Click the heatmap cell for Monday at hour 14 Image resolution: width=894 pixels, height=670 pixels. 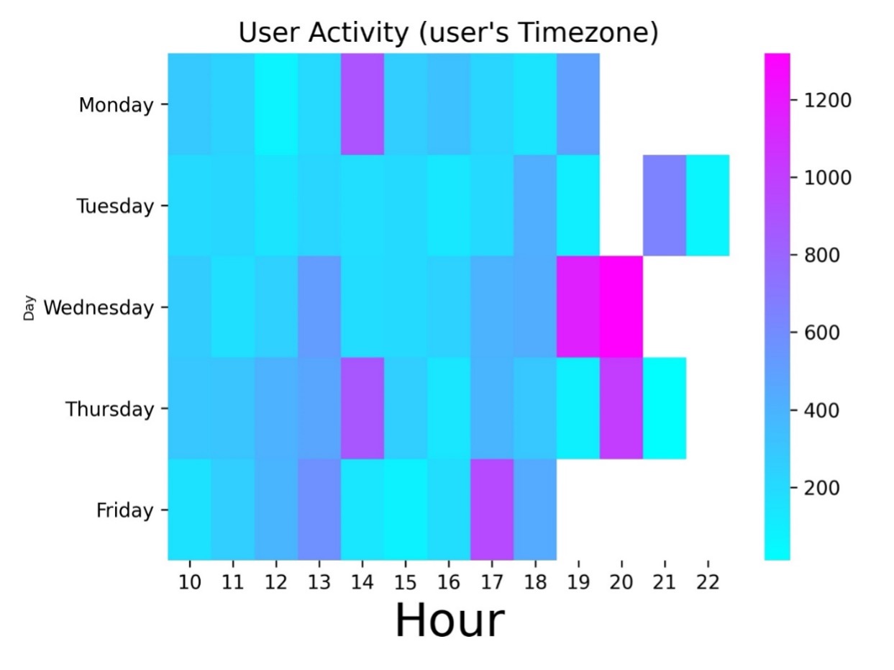point(362,104)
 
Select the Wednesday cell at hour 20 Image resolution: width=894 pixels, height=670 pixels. point(621,307)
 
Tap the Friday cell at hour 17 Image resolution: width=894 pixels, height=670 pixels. point(492,510)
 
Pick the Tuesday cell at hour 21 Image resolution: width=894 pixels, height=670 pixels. point(665,205)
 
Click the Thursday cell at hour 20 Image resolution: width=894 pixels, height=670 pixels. point(621,408)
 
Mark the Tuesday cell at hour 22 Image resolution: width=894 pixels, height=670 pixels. point(708,205)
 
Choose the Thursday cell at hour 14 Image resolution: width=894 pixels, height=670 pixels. point(362,408)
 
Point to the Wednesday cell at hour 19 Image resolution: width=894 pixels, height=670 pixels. point(578,307)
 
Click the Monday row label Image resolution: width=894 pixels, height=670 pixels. point(116,105)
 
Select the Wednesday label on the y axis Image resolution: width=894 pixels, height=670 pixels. point(99,308)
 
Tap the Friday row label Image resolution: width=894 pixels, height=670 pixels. point(124,510)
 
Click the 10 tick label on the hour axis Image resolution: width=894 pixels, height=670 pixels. point(189,582)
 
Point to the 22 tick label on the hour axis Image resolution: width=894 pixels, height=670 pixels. point(708,582)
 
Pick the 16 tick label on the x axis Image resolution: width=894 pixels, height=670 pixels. point(448,582)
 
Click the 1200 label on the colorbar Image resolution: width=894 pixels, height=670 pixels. point(828,101)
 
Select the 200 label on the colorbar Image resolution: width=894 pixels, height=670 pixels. point(821,488)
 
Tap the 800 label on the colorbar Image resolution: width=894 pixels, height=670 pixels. point(821,255)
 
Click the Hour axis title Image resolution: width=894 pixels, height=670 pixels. point(450,620)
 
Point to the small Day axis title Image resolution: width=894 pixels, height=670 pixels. point(29,308)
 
